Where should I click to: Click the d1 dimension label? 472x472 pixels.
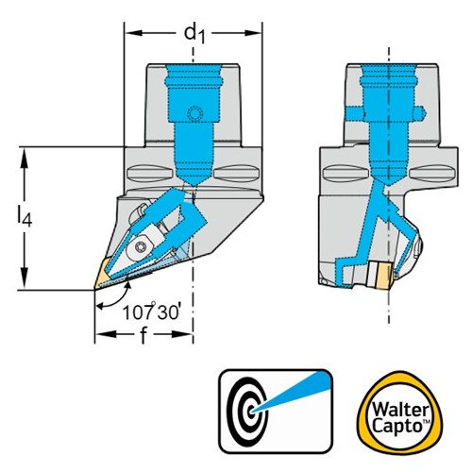click(x=194, y=34)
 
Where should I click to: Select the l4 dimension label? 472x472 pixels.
click(x=25, y=216)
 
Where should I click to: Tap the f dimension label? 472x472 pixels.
click(x=143, y=334)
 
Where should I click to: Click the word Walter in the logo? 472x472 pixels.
click(x=399, y=411)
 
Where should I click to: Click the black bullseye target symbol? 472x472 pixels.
click(x=248, y=411)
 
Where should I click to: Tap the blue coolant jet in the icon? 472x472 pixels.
click(x=291, y=390)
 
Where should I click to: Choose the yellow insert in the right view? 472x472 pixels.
click(x=384, y=275)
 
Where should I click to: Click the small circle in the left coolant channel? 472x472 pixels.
click(x=194, y=113)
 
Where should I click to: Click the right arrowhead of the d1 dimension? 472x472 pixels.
click(x=254, y=33)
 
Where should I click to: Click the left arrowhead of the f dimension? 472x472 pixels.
click(x=103, y=334)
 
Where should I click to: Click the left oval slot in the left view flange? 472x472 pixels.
click(x=150, y=173)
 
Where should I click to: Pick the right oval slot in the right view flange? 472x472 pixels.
click(x=433, y=174)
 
